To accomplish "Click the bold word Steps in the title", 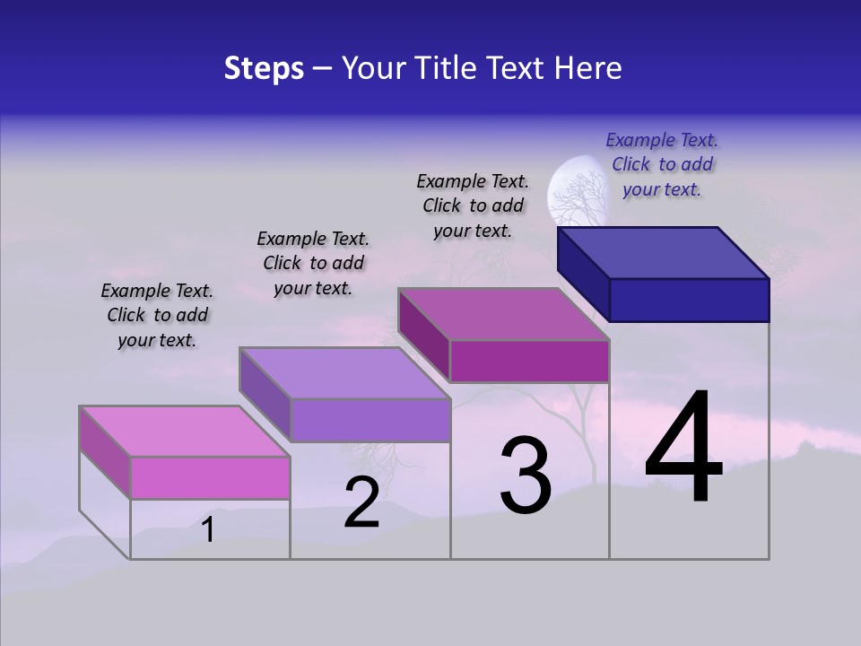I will [264, 68].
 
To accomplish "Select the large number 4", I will [683, 449].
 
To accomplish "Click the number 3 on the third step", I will [526, 476].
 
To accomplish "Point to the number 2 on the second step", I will [361, 502].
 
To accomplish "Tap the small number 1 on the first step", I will [208, 530].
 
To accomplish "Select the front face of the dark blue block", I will [689, 300].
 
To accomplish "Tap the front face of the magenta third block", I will [529, 361].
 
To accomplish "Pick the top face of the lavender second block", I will [344, 373].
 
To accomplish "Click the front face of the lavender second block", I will [370, 420].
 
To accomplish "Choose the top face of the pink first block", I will [185, 432].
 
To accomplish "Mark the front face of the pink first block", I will [210, 477].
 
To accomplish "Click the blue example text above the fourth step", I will [662, 164].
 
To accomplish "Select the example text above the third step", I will [473, 205].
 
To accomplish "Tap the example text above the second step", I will [313, 263].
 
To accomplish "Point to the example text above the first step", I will [157, 315].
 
